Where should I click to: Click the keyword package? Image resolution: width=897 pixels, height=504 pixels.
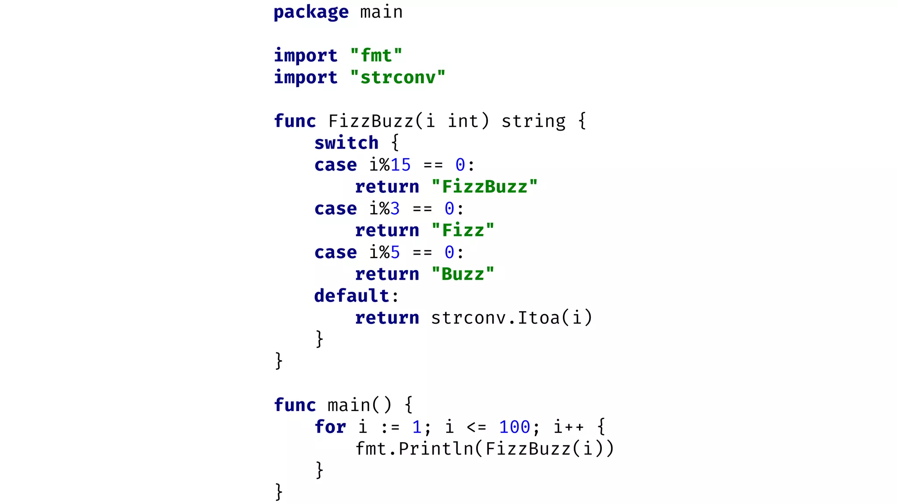tap(311, 12)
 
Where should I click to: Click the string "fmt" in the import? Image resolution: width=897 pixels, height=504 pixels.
tap(376, 56)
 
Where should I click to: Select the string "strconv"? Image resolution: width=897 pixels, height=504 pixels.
tap(398, 78)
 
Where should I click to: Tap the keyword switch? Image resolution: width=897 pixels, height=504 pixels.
tap(346, 143)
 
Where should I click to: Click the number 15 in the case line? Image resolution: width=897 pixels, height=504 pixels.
tap(400, 165)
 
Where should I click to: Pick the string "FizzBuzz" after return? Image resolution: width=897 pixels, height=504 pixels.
tap(484, 187)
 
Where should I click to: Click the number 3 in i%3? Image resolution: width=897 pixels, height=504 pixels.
tap(395, 209)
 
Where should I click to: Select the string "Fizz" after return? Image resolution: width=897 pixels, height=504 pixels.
tap(463, 231)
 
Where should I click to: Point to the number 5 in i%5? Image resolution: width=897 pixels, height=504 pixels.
tap(395, 252)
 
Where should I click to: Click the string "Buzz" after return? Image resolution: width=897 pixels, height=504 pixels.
tap(463, 274)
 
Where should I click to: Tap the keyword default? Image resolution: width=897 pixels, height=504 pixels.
tap(352, 296)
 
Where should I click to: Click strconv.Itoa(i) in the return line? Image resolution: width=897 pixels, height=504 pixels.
tap(511, 318)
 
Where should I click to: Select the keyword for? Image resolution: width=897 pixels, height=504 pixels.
tap(330, 427)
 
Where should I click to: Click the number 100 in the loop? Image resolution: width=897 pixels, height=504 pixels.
tap(514, 427)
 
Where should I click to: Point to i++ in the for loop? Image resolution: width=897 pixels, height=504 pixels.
tap(568, 427)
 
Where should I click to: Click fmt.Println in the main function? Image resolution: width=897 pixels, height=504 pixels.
tap(414, 449)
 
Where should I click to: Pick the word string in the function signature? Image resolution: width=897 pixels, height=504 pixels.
tap(533, 121)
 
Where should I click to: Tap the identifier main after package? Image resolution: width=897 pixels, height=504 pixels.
tap(381, 12)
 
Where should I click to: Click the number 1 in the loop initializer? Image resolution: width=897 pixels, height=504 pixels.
tap(417, 427)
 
